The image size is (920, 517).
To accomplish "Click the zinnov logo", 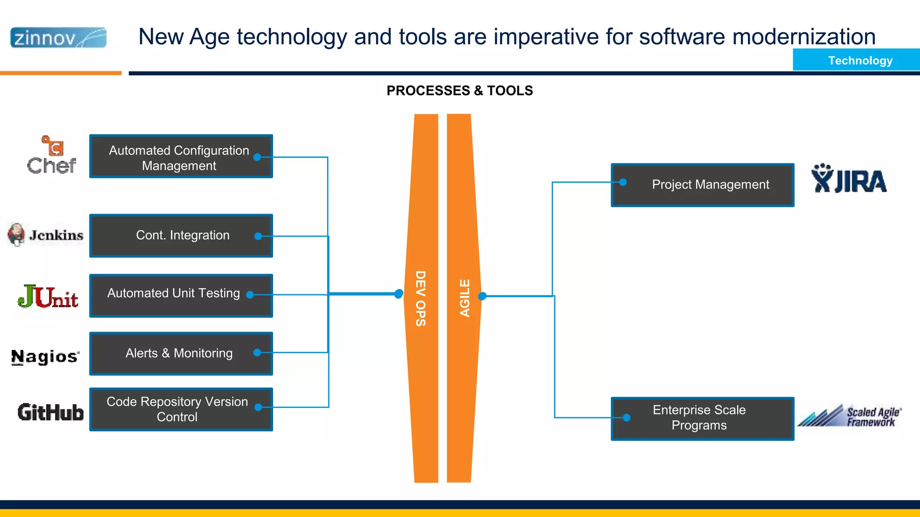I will (x=58, y=38).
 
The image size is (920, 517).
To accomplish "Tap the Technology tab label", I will (x=860, y=61).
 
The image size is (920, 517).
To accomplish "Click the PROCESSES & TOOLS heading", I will (x=460, y=91).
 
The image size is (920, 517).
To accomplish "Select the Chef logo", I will (x=52, y=156).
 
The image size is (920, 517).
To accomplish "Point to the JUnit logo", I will (x=48, y=297).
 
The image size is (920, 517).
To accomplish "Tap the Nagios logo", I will (x=45, y=357).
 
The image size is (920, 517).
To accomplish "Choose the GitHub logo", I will (x=51, y=412).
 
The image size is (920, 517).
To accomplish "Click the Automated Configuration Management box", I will (x=181, y=157).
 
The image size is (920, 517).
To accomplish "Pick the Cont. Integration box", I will (x=181, y=236).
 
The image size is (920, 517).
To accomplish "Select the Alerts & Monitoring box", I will (x=181, y=354).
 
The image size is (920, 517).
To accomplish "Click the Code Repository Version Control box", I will (x=181, y=409).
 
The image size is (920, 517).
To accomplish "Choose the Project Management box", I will (x=702, y=185).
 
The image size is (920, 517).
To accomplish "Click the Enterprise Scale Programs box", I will (x=702, y=418).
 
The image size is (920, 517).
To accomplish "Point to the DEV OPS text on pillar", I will (x=420, y=298).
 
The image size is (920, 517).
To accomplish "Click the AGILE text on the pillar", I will (x=464, y=298).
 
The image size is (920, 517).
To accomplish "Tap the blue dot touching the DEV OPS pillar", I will (x=398, y=294).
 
